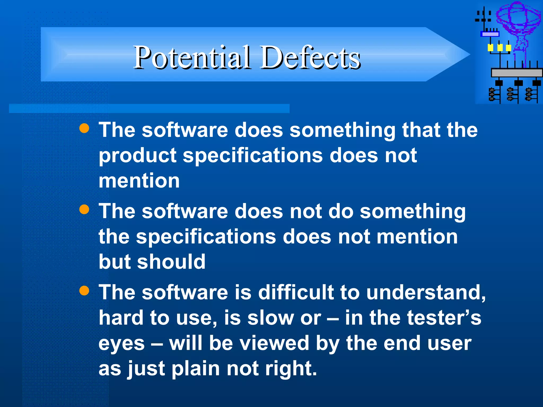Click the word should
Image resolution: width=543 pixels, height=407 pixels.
171,262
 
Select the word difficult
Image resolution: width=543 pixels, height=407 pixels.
296,292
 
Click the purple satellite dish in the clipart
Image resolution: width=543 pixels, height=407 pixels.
518,19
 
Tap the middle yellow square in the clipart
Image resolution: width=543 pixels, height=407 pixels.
500,48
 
